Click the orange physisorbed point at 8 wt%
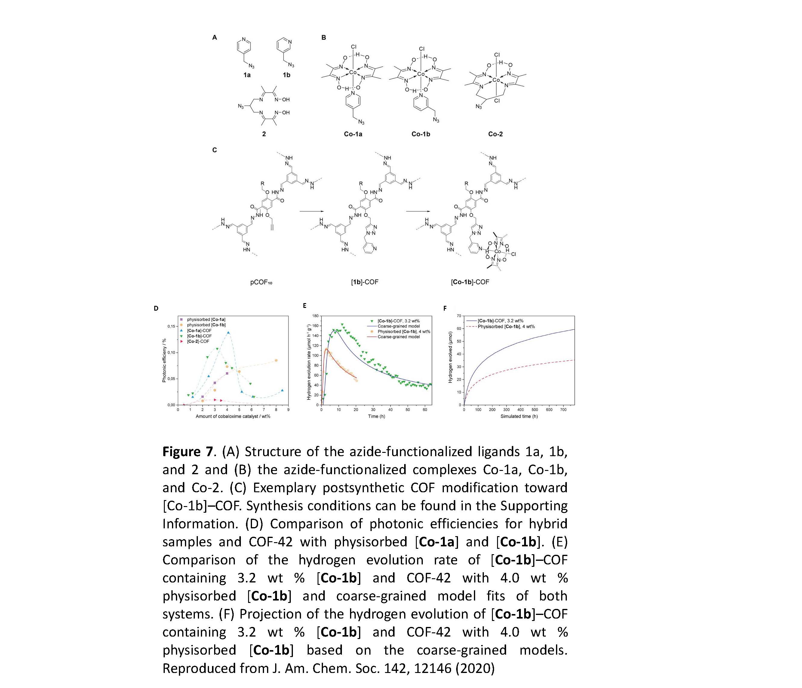(x=276, y=360)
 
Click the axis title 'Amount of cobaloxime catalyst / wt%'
(x=233, y=416)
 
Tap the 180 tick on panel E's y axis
(x=315, y=316)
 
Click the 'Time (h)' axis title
(x=376, y=416)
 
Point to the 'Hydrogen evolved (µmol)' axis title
(x=450, y=357)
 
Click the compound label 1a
(x=247, y=75)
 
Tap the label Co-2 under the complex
(x=496, y=134)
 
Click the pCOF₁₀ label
(x=261, y=282)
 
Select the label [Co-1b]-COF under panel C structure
(x=470, y=282)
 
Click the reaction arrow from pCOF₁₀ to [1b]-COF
(x=311, y=212)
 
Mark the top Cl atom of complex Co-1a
(x=353, y=47)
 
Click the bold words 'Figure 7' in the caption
(x=187, y=452)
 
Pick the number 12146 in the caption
(x=432, y=668)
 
